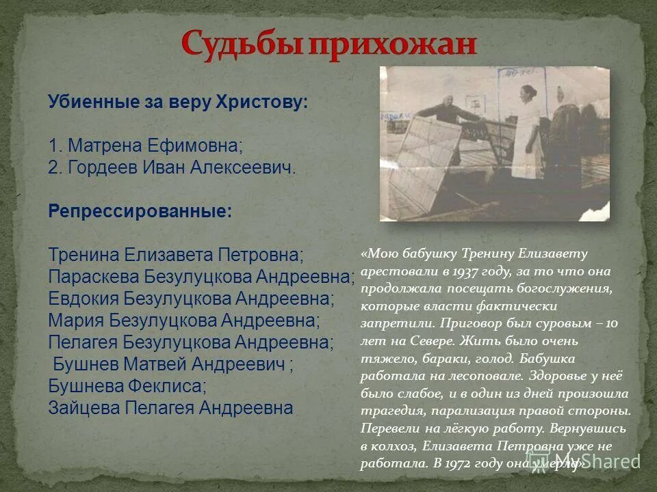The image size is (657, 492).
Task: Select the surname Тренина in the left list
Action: point(83,254)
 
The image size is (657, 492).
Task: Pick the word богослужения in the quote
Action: point(574,288)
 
